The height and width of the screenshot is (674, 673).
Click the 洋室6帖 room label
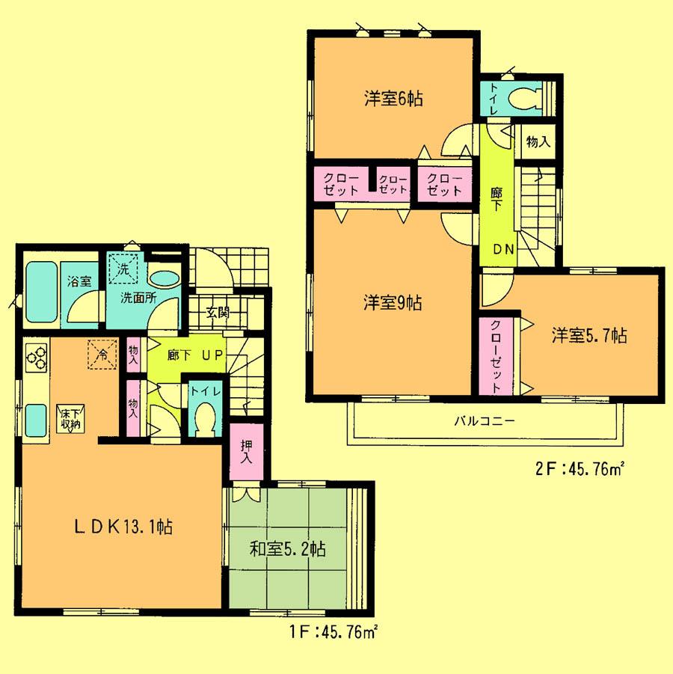[x=393, y=99]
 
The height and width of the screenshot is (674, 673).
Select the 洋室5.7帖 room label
[x=589, y=335]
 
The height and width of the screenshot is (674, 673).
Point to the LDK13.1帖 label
[x=124, y=527]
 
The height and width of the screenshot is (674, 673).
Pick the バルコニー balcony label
[x=484, y=421]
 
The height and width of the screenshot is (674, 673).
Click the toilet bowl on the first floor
[x=203, y=419]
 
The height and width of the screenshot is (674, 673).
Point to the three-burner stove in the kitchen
[x=37, y=357]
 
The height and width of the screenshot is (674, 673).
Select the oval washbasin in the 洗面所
[x=165, y=277]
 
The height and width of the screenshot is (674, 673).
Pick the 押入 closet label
[x=245, y=450]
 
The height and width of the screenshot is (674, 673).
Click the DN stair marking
[x=503, y=250]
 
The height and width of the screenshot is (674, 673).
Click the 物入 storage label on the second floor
[x=538, y=142]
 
